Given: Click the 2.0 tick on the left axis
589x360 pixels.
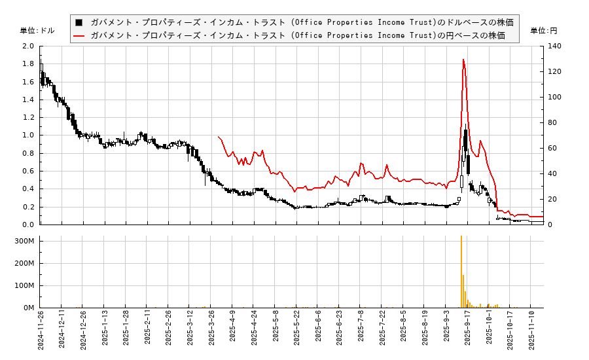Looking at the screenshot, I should click(27, 46).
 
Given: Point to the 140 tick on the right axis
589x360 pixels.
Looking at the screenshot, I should click(554, 46).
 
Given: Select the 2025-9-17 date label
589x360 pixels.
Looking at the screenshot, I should click(468, 331).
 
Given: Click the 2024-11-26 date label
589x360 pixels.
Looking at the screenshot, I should click(41, 331).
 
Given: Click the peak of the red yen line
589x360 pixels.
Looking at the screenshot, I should click(463, 60).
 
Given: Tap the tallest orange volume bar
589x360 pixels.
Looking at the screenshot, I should click(461, 272).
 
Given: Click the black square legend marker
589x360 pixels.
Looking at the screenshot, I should click(79, 22).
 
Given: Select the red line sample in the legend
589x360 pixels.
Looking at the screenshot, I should click(79, 35).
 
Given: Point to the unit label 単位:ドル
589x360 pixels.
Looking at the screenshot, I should click(37, 31).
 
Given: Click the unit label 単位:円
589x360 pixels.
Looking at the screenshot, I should click(543, 31).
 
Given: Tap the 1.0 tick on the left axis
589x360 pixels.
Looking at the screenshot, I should click(27, 135).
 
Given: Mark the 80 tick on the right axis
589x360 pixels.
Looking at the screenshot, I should click(552, 122).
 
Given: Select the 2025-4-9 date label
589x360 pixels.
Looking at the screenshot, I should click(232, 331).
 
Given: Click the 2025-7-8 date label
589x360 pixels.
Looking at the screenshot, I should click(361, 331).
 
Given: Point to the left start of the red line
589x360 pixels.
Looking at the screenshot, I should click(218, 136).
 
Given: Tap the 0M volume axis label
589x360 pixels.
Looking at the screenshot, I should click(29, 308).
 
